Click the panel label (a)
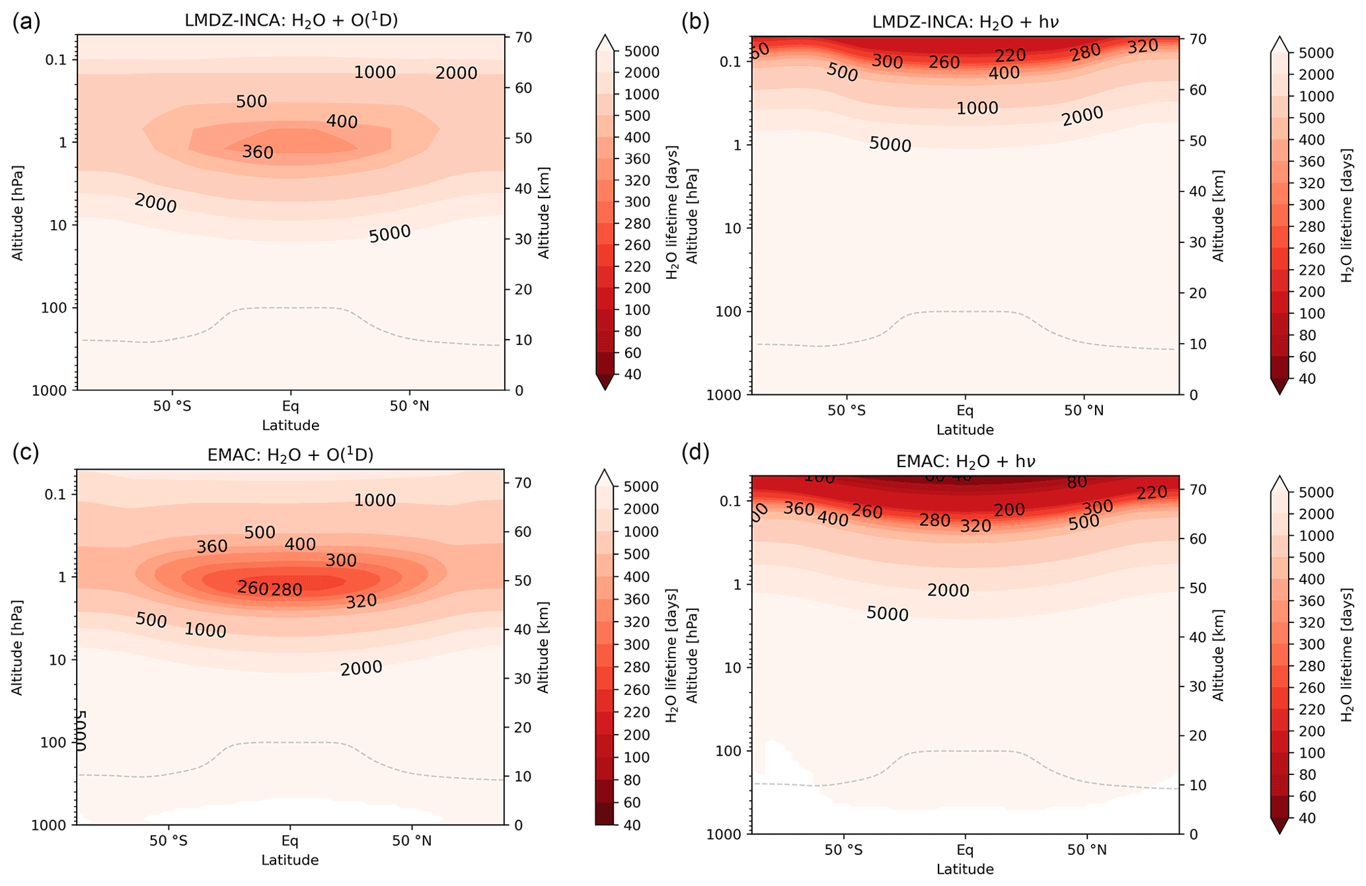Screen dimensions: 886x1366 26,22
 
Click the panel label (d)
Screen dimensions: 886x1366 695,453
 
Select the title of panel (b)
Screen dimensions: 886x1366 965,22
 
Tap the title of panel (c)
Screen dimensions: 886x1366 290,455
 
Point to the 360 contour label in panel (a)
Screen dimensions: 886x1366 258,153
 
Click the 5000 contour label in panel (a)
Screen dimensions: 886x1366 390,234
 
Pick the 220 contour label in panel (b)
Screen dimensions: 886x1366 1010,56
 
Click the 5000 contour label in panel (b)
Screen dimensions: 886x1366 890,144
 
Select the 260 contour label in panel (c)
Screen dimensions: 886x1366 252,588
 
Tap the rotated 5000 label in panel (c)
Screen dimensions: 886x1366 81,730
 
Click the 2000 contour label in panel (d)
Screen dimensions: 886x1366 948,591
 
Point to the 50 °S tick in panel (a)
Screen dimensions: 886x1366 172,406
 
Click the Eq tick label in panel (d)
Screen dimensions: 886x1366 966,850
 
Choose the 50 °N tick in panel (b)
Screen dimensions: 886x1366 1084,411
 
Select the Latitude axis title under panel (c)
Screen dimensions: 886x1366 290,860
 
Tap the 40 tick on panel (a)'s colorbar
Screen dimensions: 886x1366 632,375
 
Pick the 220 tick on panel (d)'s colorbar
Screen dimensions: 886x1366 1307,710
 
